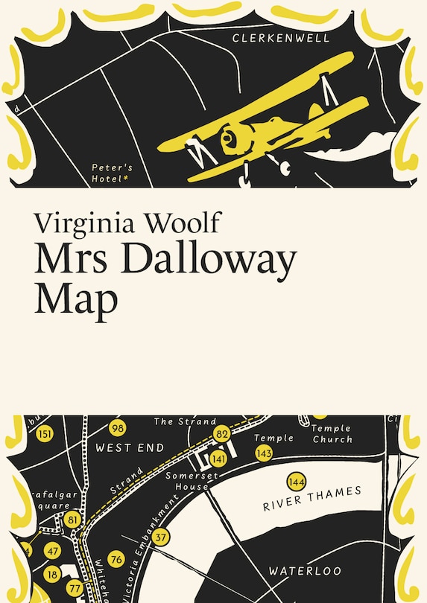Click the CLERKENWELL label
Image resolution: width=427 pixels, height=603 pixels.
point(281,37)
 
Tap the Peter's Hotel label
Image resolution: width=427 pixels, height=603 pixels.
point(112,173)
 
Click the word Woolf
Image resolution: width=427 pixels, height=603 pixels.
point(184,223)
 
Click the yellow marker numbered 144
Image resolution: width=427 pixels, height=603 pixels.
point(297,481)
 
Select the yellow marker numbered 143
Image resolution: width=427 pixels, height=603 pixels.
point(264,453)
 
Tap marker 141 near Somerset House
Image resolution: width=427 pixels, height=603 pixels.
point(218,459)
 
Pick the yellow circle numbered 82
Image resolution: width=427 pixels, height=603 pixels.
point(221,433)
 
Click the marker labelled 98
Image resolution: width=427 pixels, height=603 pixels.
point(117,428)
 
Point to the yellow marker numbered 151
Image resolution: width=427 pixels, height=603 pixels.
point(45,434)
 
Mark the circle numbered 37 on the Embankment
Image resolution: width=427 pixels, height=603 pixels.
point(162,536)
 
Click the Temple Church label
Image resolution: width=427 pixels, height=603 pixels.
point(332,434)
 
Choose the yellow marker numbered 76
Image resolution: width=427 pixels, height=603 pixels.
point(116,559)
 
